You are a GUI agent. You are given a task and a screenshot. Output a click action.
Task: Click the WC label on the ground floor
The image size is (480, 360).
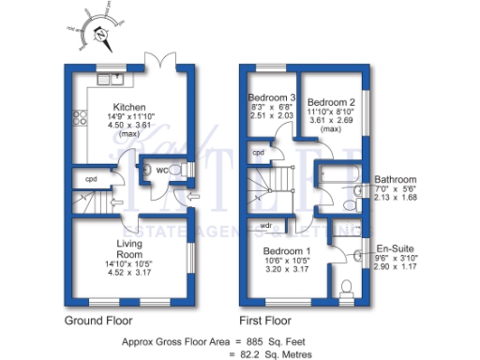(161, 170)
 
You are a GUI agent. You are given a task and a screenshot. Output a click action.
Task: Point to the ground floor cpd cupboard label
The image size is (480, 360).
(91, 178)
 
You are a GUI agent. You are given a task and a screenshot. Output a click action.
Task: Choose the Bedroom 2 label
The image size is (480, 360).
(331, 101)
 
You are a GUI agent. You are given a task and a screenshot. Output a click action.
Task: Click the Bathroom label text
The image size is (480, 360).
(395, 178)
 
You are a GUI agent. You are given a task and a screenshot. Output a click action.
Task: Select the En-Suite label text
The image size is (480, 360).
(393, 241)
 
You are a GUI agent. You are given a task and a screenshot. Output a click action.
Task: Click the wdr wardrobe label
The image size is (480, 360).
(266, 225)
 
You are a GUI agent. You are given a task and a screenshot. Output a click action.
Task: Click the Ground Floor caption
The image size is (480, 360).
(100, 320)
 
